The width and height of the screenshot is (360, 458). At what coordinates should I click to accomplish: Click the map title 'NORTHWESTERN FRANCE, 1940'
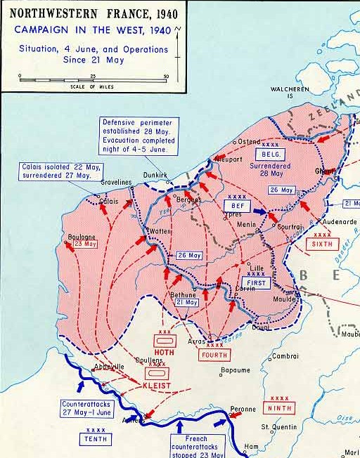click(x=93, y=13)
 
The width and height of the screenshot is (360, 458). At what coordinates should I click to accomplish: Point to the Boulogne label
click(x=82, y=236)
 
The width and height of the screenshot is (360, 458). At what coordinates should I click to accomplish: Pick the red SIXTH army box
click(x=322, y=244)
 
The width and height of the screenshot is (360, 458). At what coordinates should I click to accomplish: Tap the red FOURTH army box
click(x=214, y=354)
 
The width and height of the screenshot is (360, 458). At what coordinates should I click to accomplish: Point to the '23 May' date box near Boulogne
click(x=85, y=245)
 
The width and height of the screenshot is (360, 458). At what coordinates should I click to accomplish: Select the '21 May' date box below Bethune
click(x=186, y=302)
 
